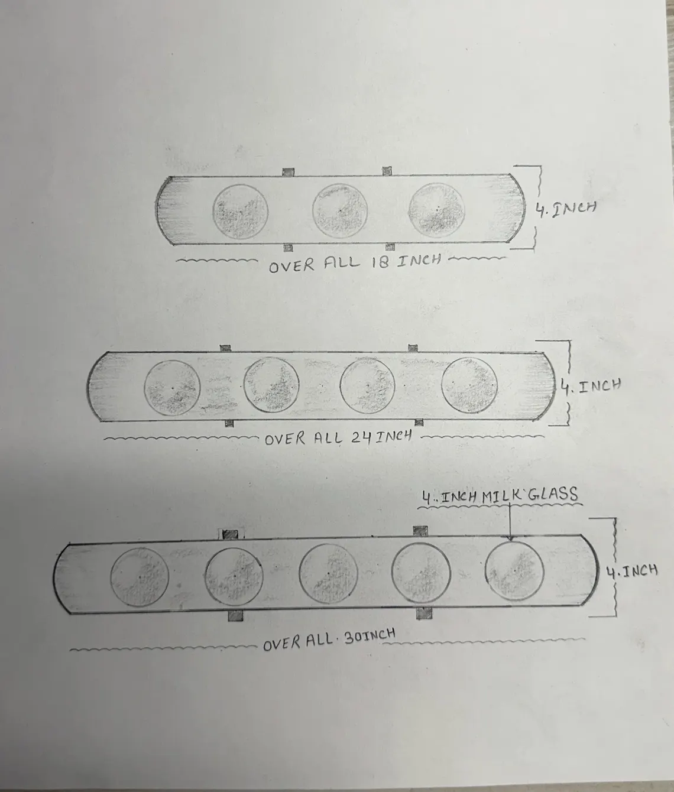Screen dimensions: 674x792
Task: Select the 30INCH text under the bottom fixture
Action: pos(369,637)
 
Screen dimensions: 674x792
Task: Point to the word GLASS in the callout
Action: pos(552,494)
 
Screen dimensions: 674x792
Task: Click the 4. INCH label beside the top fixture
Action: pos(565,209)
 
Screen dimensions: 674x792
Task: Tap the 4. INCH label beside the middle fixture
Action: pos(591,386)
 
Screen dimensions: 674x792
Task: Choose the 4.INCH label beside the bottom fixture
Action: pos(631,572)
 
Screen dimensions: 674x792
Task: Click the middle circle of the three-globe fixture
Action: pos(340,211)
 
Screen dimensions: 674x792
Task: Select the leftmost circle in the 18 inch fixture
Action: pos(241,212)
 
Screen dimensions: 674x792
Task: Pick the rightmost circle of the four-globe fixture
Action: pos(469,385)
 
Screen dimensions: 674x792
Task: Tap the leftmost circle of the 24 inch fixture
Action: pos(172,388)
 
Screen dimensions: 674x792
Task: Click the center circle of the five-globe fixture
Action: pos(328,573)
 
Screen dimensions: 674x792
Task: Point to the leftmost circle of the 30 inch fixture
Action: pos(140,577)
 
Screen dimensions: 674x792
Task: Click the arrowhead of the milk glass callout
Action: pos(510,538)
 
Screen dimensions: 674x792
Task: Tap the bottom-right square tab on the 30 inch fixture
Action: pos(424,614)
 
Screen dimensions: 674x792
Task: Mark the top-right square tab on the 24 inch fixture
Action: pos(413,348)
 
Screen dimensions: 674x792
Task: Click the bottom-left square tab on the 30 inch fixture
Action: pos(235,616)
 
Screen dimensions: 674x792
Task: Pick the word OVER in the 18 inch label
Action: pos(291,266)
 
